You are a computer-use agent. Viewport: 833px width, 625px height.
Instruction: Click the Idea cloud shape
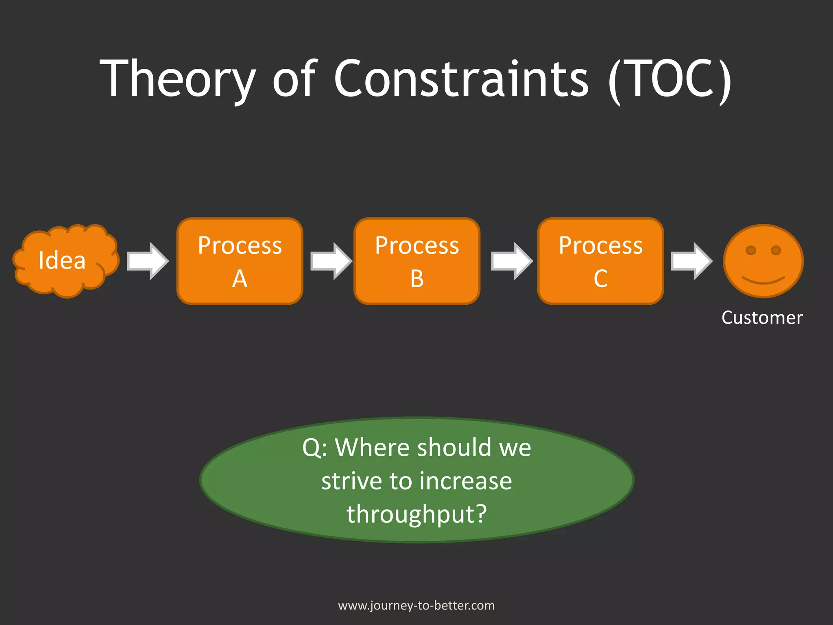point(65,260)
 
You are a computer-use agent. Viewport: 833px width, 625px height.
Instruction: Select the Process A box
point(240,261)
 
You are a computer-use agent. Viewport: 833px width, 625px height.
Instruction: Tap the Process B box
point(417,261)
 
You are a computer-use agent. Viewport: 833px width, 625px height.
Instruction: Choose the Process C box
point(600,261)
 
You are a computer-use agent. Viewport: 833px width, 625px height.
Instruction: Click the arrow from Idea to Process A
point(147,261)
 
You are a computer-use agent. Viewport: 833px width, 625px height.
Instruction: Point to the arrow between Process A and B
point(331,261)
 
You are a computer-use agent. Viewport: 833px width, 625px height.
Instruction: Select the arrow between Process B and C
point(511,261)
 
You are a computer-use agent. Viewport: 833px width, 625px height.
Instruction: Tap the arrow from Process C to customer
point(691,261)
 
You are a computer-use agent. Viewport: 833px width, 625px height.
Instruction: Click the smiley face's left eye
point(750,250)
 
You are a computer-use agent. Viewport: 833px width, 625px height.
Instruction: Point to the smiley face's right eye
point(776,250)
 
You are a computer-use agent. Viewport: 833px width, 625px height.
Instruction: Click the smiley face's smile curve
point(763,281)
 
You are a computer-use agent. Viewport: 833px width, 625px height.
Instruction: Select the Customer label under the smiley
point(762,318)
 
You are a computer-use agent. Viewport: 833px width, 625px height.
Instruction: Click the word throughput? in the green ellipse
point(416,514)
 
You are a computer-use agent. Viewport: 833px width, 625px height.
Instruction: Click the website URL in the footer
point(416,605)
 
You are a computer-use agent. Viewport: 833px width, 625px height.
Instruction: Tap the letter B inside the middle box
point(417,279)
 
